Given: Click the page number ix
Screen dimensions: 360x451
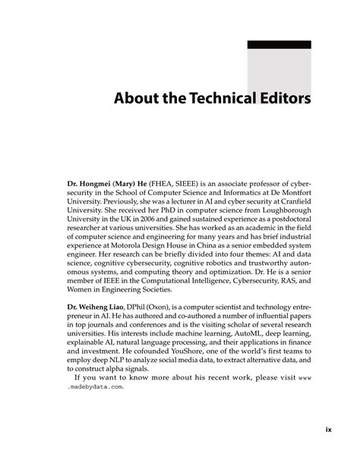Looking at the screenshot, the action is [x=329, y=430].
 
